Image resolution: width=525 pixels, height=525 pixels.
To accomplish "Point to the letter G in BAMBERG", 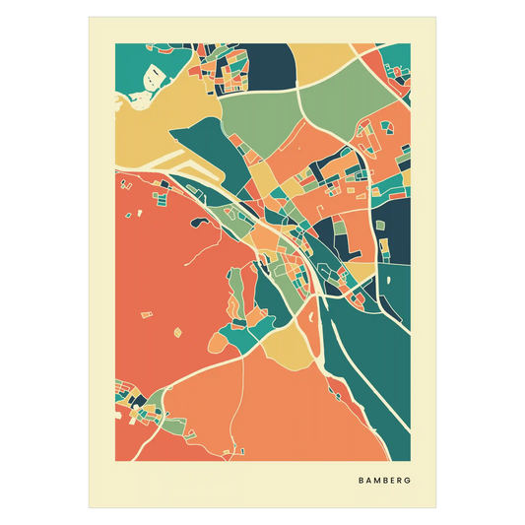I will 409,482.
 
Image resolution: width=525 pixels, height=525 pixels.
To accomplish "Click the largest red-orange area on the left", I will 167,286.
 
